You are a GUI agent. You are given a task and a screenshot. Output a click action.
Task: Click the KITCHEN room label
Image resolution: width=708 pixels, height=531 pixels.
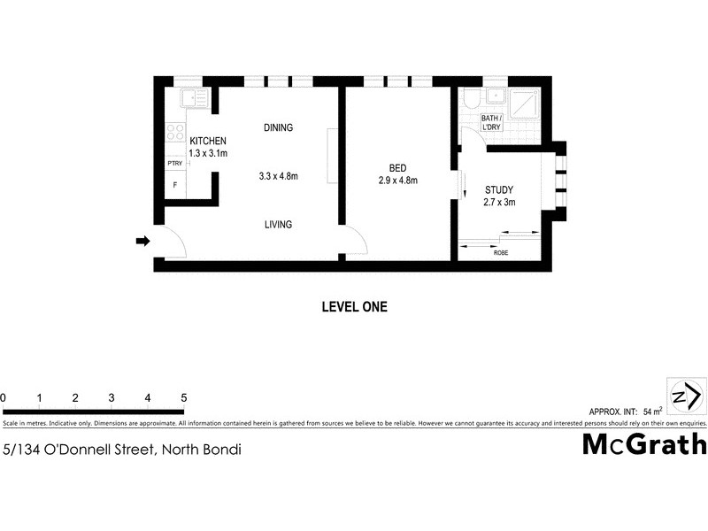[x=208, y=142]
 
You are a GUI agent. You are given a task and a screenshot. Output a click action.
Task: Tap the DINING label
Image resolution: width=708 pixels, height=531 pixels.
[x=278, y=127]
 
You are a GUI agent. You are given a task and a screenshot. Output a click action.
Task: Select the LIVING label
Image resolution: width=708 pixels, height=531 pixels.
[x=278, y=225]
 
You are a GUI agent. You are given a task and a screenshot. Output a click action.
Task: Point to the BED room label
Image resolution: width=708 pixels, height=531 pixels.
[x=398, y=168]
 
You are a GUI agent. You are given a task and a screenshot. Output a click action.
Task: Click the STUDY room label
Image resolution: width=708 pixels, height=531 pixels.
[x=499, y=189]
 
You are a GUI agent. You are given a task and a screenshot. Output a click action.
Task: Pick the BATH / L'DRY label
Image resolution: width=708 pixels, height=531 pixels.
[x=491, y=123]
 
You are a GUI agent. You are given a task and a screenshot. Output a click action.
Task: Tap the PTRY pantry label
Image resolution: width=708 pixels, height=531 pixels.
[x=174, y=164]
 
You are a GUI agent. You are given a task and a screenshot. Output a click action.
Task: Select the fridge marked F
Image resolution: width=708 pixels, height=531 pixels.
[x=174, y=185]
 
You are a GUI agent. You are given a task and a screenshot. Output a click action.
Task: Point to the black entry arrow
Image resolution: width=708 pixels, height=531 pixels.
[x=142, y=240]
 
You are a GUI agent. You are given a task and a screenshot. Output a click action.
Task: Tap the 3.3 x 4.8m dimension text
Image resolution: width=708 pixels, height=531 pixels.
[x=278, y=176]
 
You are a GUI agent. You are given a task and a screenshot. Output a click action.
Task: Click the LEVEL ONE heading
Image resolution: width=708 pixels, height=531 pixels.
[x=354, y=307]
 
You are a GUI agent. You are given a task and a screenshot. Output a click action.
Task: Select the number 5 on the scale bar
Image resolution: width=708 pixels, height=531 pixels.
[x=183, y=397]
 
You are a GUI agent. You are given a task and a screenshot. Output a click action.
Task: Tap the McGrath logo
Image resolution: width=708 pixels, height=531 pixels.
[x=643, y=444]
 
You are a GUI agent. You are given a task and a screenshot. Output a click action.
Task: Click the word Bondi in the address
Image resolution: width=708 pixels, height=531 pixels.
[x=221, y=449]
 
